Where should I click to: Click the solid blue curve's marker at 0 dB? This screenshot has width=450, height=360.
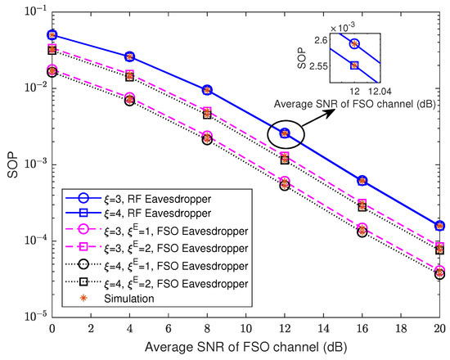(x=52, y=35)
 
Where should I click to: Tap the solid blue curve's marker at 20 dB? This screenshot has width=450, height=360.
(x=439, y=225)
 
